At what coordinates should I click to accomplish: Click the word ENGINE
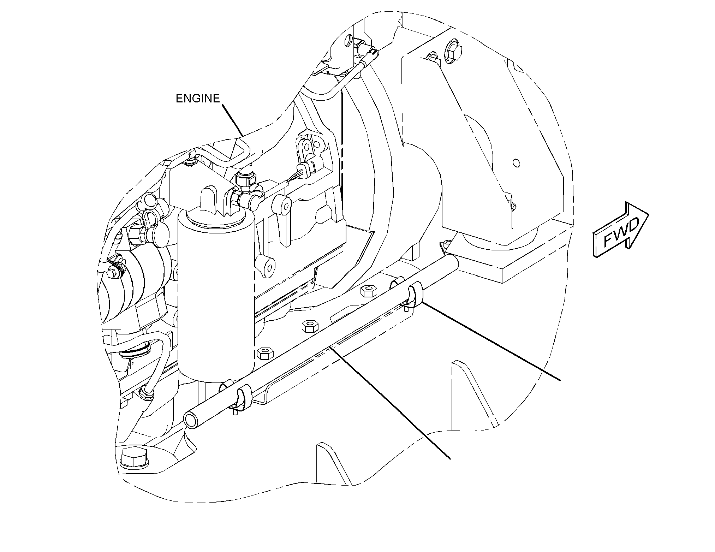[x=198, y=99]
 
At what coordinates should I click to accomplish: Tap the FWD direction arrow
[x=621, y=230]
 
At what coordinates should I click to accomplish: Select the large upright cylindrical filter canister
[x=216, y=297]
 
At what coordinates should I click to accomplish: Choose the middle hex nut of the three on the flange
[x=309, y=326]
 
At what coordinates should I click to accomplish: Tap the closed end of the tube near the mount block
[x=454, y=262]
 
